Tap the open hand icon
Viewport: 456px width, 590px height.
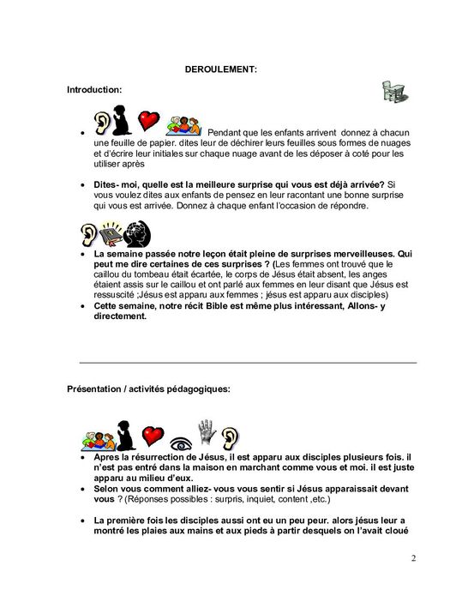(x=204, y=435)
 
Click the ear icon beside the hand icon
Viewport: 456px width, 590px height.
(x=227, y=438)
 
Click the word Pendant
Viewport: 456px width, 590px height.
(x=227, y=133)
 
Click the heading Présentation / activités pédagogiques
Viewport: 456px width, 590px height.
(x=148, y=388)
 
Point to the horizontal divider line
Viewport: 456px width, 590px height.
(x=248, y=363)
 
